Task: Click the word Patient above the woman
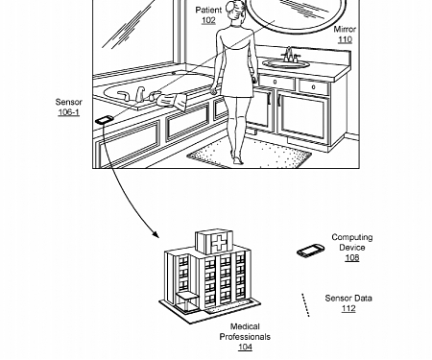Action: point(208,10)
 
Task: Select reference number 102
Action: point(208,20)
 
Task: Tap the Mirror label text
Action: point(345,30)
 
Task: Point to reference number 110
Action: point(345,40)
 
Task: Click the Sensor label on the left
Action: point(68,102)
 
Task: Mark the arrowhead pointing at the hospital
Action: point(154,234)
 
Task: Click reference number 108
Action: point(352,258)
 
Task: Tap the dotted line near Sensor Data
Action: point(305,304)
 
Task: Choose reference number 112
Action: point(348,309)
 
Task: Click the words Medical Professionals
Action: point(245,332)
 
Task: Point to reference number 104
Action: point(245,348)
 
